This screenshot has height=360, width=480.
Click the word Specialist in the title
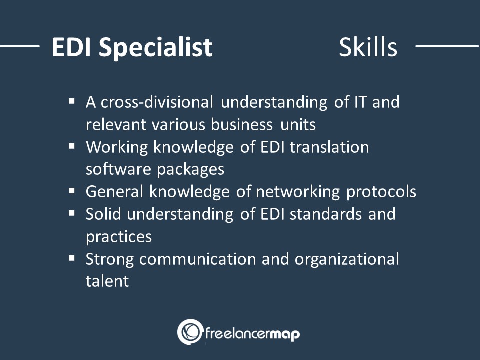[x=156, y=48]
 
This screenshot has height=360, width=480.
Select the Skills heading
[x=368, y=47]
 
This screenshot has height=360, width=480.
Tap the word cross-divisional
[x=157, y=102]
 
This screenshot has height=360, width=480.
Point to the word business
[x=241, y=124]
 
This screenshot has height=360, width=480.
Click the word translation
[x=329, y=147]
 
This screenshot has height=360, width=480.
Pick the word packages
[x=190, y=170]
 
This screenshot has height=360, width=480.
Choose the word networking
[x=298, y=192]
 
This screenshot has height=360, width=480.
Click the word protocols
[x=381, y=192]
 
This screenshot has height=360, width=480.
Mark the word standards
[x=326, y=214]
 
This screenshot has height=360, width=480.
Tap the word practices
[x=119, y=237]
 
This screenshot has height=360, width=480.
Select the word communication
[x=198, y=259]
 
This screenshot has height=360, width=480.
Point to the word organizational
[x=347, y=259]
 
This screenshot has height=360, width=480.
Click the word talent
[x=107, y=281]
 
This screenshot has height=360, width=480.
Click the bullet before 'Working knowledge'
[x=72, y=146]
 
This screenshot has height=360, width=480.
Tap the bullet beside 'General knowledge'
[x=72, y=191]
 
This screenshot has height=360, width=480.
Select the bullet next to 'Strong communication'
[x=72, y=258]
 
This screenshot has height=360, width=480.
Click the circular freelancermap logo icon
[x=190, y=332]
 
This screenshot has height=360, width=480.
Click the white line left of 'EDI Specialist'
[x=20, y=46]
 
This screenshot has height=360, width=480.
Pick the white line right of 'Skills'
[x=447, y=46]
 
